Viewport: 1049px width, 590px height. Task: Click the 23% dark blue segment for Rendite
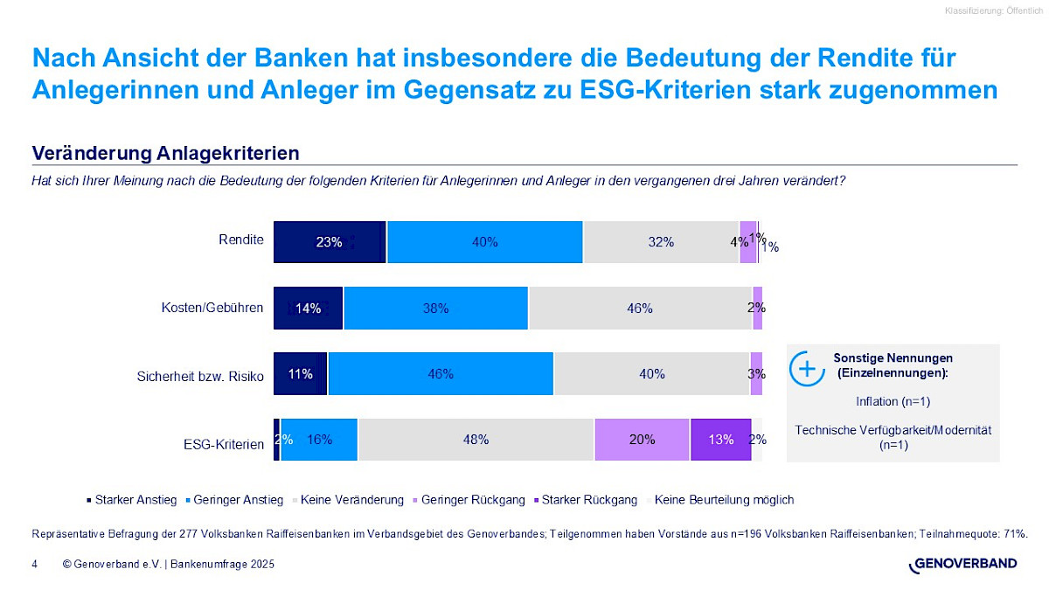coord(330,242)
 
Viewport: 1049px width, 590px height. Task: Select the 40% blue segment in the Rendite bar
coord(484,242)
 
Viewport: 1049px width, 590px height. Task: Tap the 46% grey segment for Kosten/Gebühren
coord(640,308)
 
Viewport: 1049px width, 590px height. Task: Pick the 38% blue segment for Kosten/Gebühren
coord(435,308)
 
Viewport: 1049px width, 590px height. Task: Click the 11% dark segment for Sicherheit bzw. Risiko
coord(301,373)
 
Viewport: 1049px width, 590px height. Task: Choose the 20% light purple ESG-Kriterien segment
coord(642,439)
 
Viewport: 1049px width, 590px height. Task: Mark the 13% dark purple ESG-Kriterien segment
coord(720,439)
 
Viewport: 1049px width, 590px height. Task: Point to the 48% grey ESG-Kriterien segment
coord(476,439)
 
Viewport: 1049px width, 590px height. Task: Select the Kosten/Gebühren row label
coord(212,307)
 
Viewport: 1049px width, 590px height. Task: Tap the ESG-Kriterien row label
coord(224,444)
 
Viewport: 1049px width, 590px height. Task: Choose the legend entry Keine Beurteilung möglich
coord(723,500)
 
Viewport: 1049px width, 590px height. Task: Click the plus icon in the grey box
coord(807,368)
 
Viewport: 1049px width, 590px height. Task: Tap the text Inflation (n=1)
coord(893,401)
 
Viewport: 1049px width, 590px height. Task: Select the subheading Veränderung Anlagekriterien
coord(165,153)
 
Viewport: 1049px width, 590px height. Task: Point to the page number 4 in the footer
coord(34,565)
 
